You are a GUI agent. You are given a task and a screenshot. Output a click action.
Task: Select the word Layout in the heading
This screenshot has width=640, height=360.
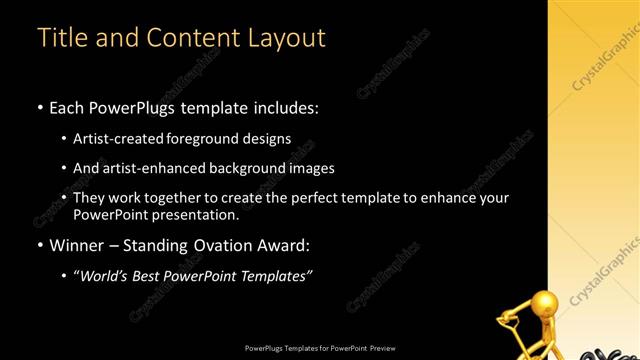click(x=282, y=38)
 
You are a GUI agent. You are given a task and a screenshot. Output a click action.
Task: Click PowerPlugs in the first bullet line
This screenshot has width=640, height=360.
click(x=138, y=106)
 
